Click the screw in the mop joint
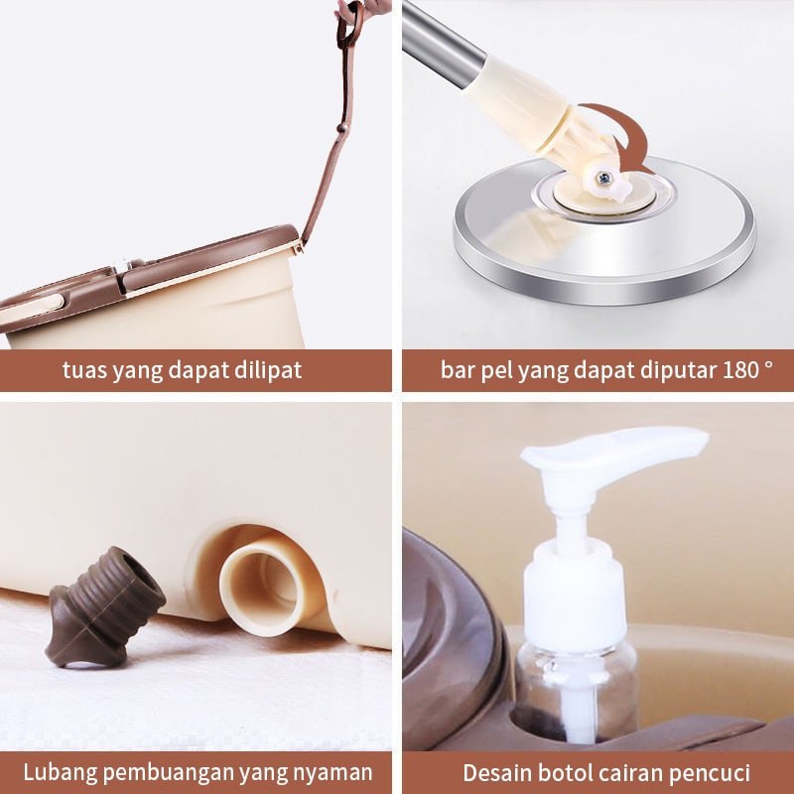pos(603,178)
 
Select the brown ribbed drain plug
pos(104,606)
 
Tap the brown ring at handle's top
pos(350,24)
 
